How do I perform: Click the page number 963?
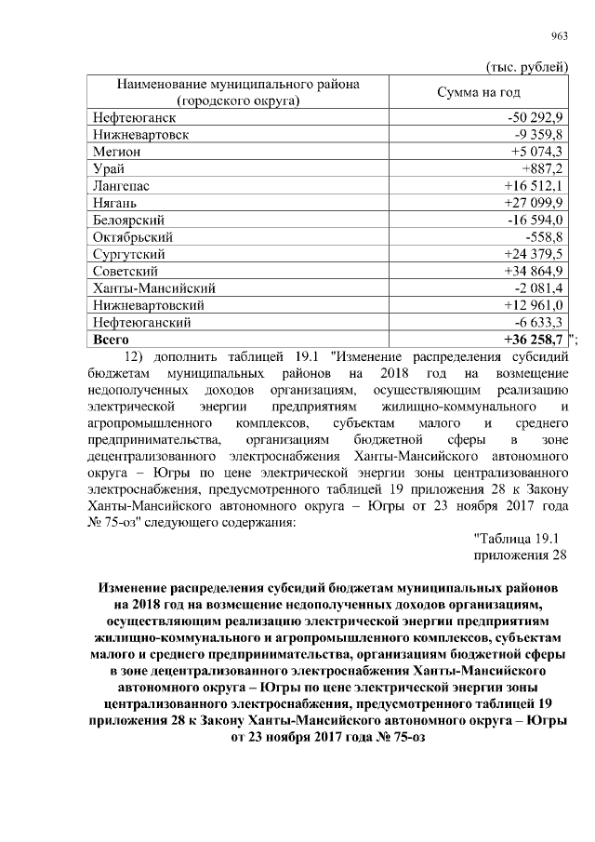(x=560, y=36)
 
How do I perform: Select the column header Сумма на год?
(x=479, y=93)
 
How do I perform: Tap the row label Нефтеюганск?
(x=134, y=118)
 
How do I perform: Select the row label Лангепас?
(x=122, y=186)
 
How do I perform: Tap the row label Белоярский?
(x=129, y=220)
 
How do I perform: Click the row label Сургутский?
(x=129, y=254)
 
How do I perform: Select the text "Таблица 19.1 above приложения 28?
(x=519, y=538)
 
